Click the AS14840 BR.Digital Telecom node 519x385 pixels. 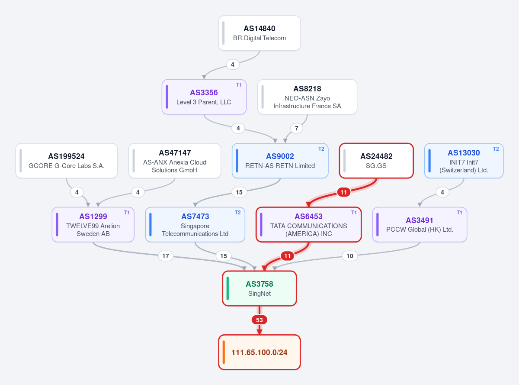click(x=259, y=33)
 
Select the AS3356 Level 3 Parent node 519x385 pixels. click(x=204, y=97)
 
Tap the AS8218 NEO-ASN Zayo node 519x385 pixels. click(x=307, y=97)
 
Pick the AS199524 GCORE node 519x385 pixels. click(x=67, y=161)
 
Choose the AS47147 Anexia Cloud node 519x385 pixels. click(x=175, y=161)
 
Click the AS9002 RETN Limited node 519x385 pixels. click(x=280, y=161)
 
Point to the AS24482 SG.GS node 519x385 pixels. click(x=376, y=161)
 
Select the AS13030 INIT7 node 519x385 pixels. click(x=464, y=161)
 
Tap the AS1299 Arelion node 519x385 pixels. click(x=93, y=224)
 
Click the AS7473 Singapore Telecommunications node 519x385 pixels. click(x=195, y=224)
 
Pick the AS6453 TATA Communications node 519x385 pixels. click(x=309, y=224)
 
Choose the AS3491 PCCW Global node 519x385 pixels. click(x=420, y=224)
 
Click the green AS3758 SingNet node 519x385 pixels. click(x=259, y=288)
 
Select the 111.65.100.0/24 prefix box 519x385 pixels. click(x=259, y=352)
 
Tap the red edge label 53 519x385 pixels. click(x=259, y=320)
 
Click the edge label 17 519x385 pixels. click(x=166, y=256)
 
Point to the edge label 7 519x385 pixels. click(x=296, y=128)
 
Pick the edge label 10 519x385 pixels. click(x=350, y=256)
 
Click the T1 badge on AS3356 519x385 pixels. click(x=239, y=85)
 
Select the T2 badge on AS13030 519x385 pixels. click(x=496, y=149)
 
